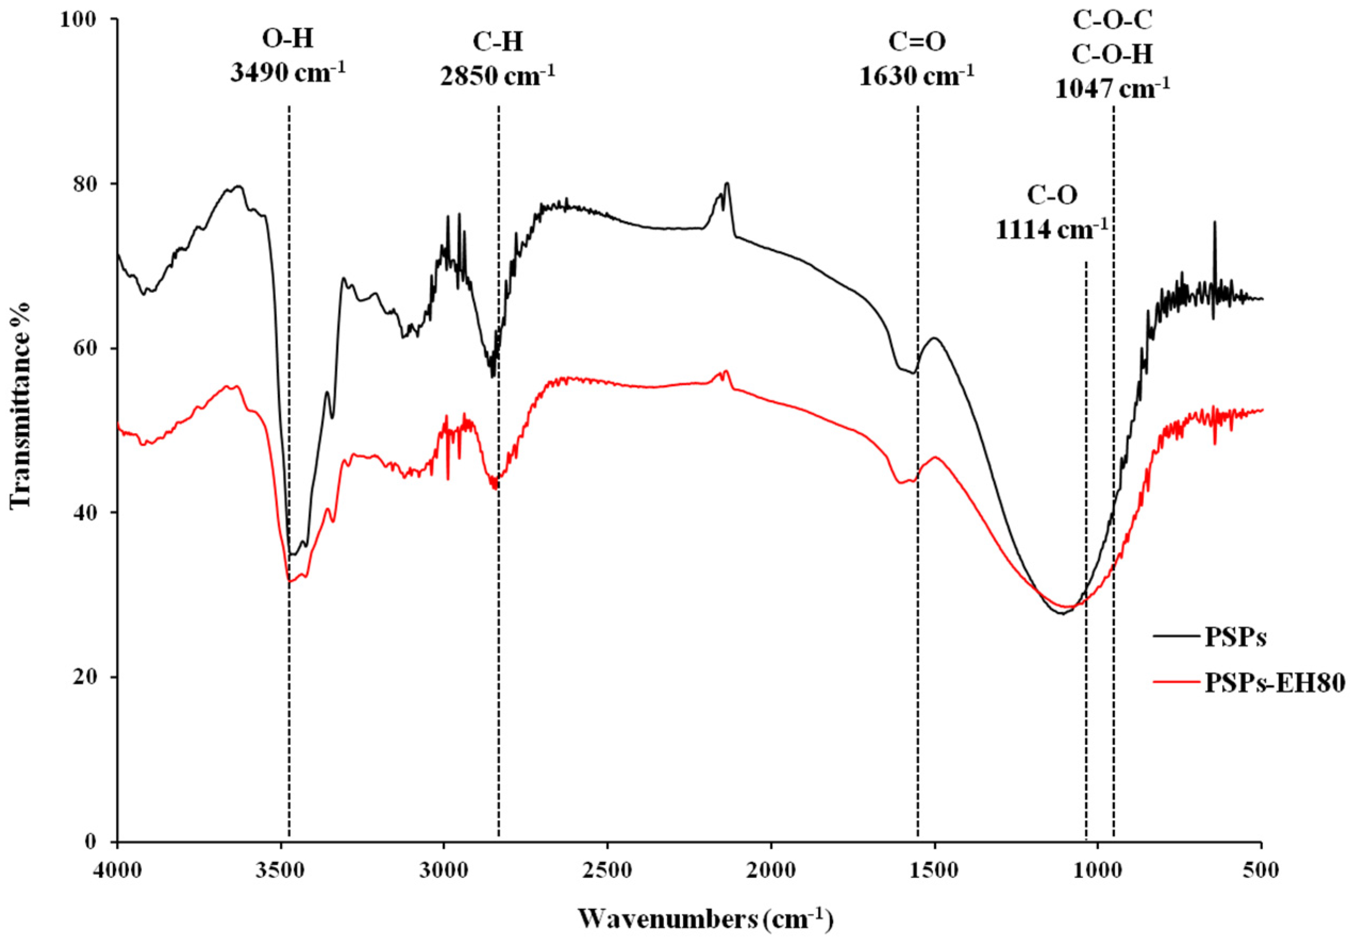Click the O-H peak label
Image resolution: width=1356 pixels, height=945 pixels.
pyautogui.click(x=288, y=39)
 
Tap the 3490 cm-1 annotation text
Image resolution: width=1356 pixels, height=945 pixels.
pyautogui.click(x=288, y=73)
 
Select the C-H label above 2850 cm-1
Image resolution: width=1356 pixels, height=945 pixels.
pyautogui.click(x=498, y=42)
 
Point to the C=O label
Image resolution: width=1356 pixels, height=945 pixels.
pyautogui.click(x=917, y=42)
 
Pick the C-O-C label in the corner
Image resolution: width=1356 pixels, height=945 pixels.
pyautogui.click(x=1112, y=21)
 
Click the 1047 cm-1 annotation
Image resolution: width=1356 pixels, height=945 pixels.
pyautogui.click(x=1112, y=89)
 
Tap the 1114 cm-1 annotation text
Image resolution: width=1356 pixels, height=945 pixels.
pyautogui.click(x=1052, y=229)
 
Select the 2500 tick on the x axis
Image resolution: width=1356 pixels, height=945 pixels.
pyautogui.click(x=607, y=871)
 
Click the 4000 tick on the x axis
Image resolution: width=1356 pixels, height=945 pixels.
pyautogui.click(x=118, y=871)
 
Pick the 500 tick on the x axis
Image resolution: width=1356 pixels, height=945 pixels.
pyautogui.click(x=1261, y=871)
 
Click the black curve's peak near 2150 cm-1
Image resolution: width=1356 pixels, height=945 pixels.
pyautogui.click(x=727, y=183)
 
